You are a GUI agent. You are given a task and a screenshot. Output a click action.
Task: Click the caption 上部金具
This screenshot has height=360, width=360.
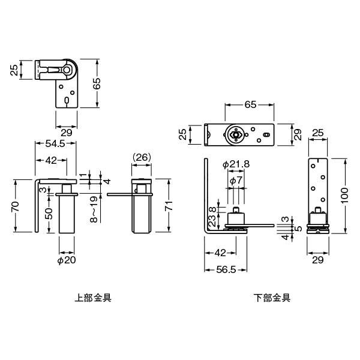[93, 298]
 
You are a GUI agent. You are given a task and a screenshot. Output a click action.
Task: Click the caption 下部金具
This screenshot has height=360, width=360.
[272, 298]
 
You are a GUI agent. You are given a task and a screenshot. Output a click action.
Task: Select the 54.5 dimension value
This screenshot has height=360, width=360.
[55, 143]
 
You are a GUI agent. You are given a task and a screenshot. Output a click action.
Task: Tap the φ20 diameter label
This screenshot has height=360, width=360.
[67, 260]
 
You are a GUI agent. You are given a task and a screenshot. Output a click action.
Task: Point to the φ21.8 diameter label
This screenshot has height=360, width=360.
[236, 164]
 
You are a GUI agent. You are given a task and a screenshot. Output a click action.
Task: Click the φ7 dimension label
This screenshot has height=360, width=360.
[236, 181]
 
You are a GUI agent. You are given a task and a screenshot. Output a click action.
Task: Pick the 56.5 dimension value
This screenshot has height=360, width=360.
[226, 269]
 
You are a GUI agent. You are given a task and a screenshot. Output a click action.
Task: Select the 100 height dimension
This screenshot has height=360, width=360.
[344, 196]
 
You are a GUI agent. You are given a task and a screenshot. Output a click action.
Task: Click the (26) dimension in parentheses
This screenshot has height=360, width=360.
[142, 157]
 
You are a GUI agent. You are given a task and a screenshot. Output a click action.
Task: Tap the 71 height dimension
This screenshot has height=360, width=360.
[169, 205]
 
